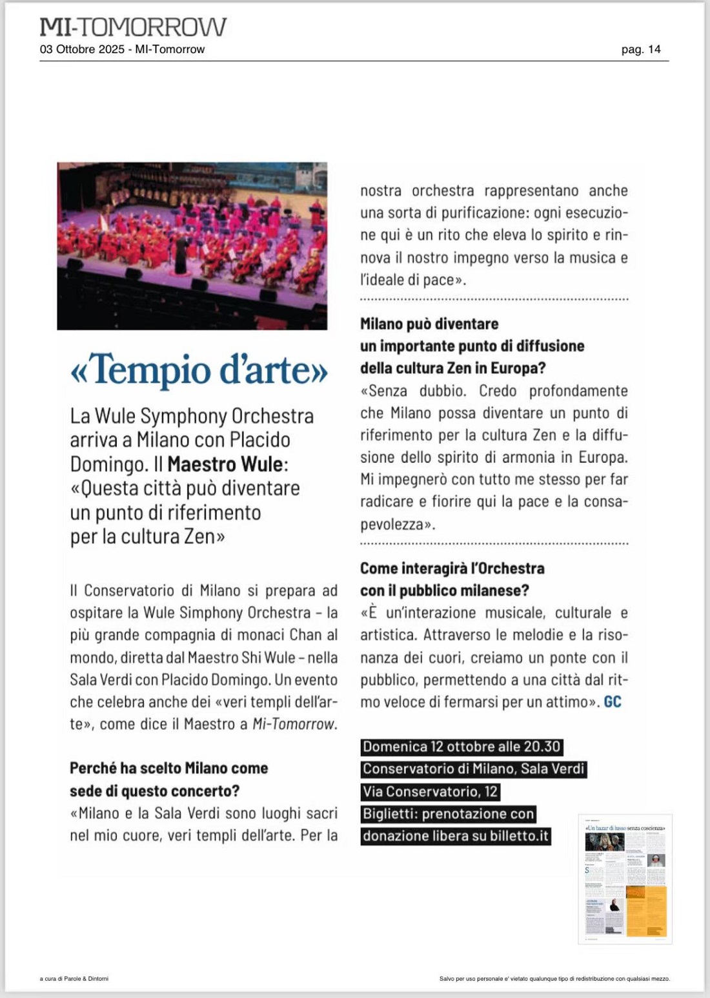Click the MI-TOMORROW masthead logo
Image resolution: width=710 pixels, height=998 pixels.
(133, 26)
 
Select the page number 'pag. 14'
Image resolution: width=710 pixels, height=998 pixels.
(640, 50)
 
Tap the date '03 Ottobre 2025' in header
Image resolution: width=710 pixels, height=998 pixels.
(82, 50)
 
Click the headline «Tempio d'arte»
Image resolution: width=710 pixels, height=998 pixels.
(199, 370)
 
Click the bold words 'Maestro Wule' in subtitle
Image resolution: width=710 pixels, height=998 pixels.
(225, 464)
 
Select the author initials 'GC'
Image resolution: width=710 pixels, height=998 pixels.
(613, 702)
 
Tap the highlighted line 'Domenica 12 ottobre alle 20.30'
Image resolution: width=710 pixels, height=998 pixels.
(462, 747)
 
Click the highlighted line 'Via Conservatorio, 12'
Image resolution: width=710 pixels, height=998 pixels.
(430, 791)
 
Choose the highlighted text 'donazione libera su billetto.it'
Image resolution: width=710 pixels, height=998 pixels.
(456, 836)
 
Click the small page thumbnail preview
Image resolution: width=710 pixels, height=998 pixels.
(625, 878)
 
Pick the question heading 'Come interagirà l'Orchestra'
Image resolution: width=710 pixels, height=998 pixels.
(452, 568)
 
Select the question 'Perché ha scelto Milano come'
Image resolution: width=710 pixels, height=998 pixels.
(168, 768)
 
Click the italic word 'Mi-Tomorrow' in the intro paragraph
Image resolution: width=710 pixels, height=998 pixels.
(294, 724)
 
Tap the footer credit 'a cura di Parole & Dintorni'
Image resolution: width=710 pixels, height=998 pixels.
(74, 979)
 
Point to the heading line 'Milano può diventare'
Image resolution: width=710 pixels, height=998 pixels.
(429, 324)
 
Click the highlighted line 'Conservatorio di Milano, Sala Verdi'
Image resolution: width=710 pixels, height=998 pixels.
(474, 769)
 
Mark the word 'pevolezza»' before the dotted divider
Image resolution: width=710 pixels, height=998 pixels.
(397, 524)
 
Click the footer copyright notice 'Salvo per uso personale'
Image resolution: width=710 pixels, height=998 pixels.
(554, 979)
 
